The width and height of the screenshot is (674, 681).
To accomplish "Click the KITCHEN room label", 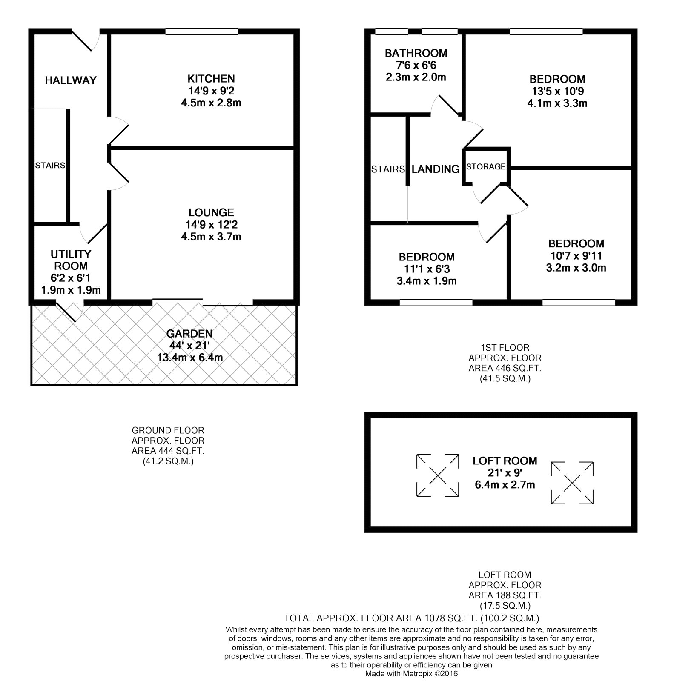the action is (x=211, y=79).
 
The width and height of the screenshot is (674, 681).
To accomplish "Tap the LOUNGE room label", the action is (x=211, y=212).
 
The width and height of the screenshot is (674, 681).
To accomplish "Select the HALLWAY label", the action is (x=71, y=80).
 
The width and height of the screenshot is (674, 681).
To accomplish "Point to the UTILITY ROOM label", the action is (x=71, y=260).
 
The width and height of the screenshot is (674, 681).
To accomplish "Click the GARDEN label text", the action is (x=189, y=334).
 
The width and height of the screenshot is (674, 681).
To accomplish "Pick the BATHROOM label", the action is (x=416, y=53).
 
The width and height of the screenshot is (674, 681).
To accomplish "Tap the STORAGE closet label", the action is (x=486, y=167).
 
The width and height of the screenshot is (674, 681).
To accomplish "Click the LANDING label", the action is (x=436, y=169).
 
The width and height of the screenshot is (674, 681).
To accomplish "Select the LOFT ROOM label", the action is (x=505, y=461).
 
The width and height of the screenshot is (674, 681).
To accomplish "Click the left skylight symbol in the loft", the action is (x=438, y=475).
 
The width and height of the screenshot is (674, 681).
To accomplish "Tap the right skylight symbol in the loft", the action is (x=572, y=483).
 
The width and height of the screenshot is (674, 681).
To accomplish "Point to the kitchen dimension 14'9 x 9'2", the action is (x=211, y=91).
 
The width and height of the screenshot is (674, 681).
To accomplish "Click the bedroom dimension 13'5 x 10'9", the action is (x=557, y=91).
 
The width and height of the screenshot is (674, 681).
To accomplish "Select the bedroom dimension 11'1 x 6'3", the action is (x=427, y=269).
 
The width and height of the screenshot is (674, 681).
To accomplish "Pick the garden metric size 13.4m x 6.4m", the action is (x=190, y=358).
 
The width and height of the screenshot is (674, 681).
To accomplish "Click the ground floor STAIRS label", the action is (x=50, y=165).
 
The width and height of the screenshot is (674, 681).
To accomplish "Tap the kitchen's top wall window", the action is (x=202, y=31).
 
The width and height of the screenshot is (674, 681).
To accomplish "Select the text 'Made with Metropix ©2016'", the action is (x=411, y=674).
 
